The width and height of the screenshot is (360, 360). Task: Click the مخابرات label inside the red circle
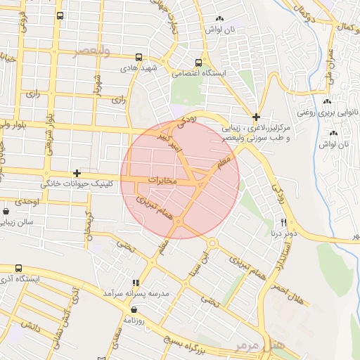pos(167,181)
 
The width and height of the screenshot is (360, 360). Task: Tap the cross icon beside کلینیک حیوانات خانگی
pos(77,173)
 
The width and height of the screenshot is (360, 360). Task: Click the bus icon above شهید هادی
pos(139,58)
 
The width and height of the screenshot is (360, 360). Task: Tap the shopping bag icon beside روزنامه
pos(134,309)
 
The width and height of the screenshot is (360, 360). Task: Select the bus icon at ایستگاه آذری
pos(18,268)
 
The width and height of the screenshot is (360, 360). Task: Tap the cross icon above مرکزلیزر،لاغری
pos(257,117)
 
